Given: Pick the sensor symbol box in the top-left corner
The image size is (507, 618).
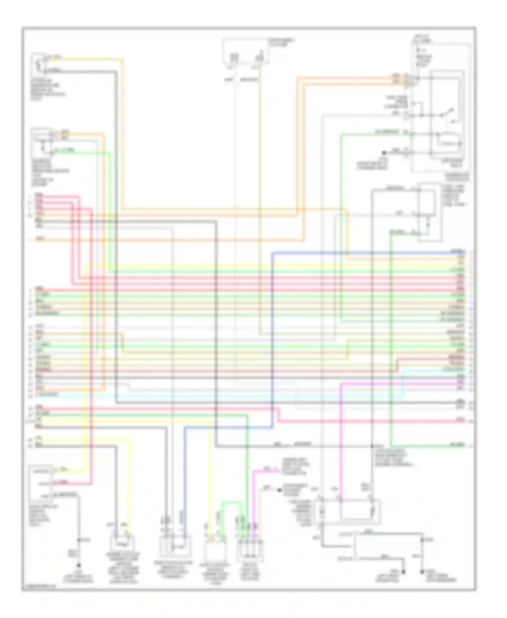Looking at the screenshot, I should coord(38,64).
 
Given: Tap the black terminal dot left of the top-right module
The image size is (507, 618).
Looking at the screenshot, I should coord(384,153).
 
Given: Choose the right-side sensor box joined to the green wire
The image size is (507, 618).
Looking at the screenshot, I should coord(428,212).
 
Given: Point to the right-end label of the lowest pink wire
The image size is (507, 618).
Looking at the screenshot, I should coord(460,420).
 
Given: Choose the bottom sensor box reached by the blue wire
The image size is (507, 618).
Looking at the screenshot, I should coord(175,545).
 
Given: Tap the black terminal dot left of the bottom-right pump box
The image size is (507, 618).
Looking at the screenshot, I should coord(280,490).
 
